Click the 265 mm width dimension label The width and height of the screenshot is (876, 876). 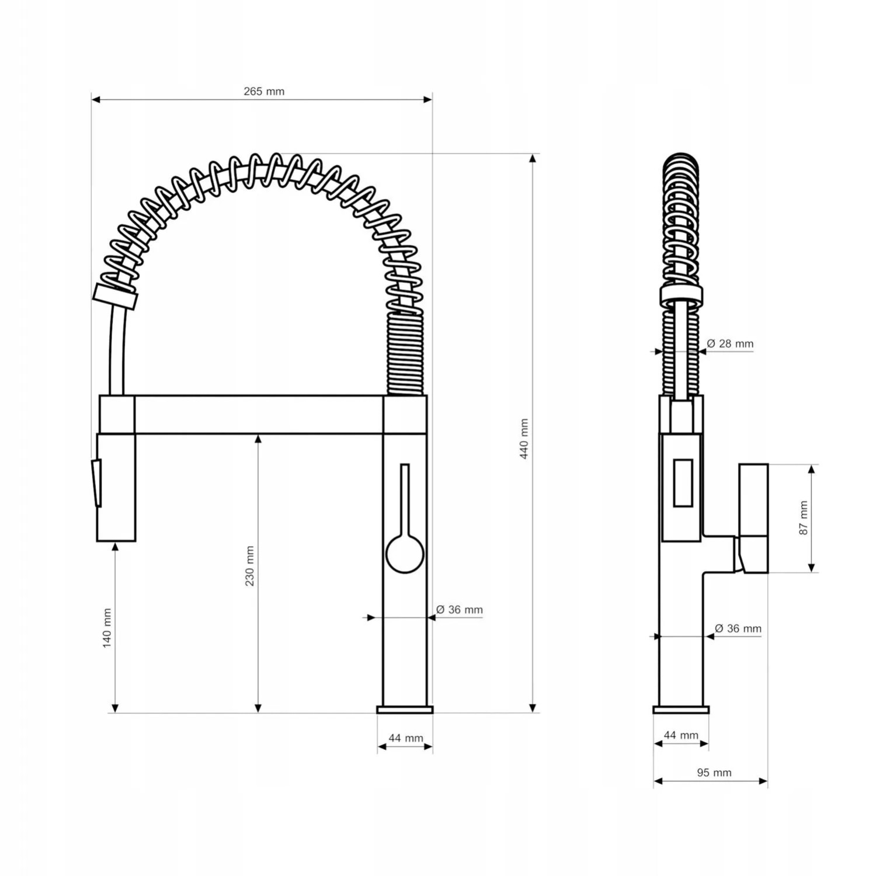click(264, 91)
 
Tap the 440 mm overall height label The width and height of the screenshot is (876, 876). click(524, 439)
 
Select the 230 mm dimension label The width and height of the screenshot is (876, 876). click(250, 566)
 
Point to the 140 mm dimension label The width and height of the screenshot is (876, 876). click(107, 628)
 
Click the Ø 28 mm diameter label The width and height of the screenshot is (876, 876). click(730, 343)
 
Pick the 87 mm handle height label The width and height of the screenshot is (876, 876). click(804, 518)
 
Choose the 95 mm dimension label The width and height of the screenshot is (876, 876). click(714, 773)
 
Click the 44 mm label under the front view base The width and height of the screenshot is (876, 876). click(406, 738)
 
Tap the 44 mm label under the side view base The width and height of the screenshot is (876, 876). click(681, 735)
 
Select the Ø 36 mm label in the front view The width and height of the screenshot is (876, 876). click(460, 610)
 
